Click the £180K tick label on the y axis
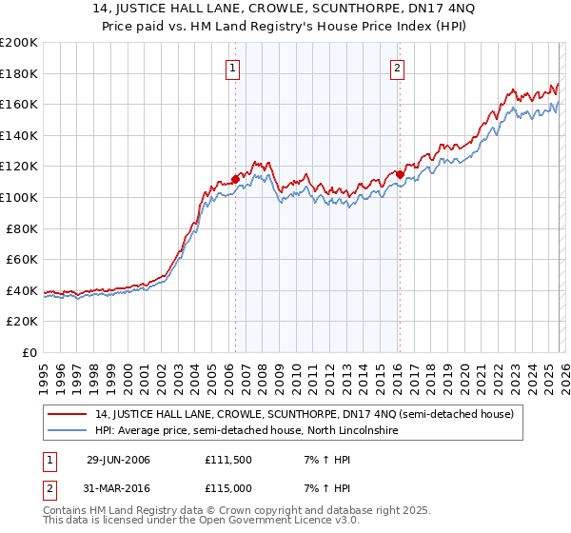pos(19,73)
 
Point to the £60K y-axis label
pos(22,259)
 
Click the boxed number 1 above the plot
pos(234,67)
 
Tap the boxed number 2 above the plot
pos(397,67)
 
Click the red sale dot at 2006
pos(235,179)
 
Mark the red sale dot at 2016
pos(399,173)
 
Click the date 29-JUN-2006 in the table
pos(118,460)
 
